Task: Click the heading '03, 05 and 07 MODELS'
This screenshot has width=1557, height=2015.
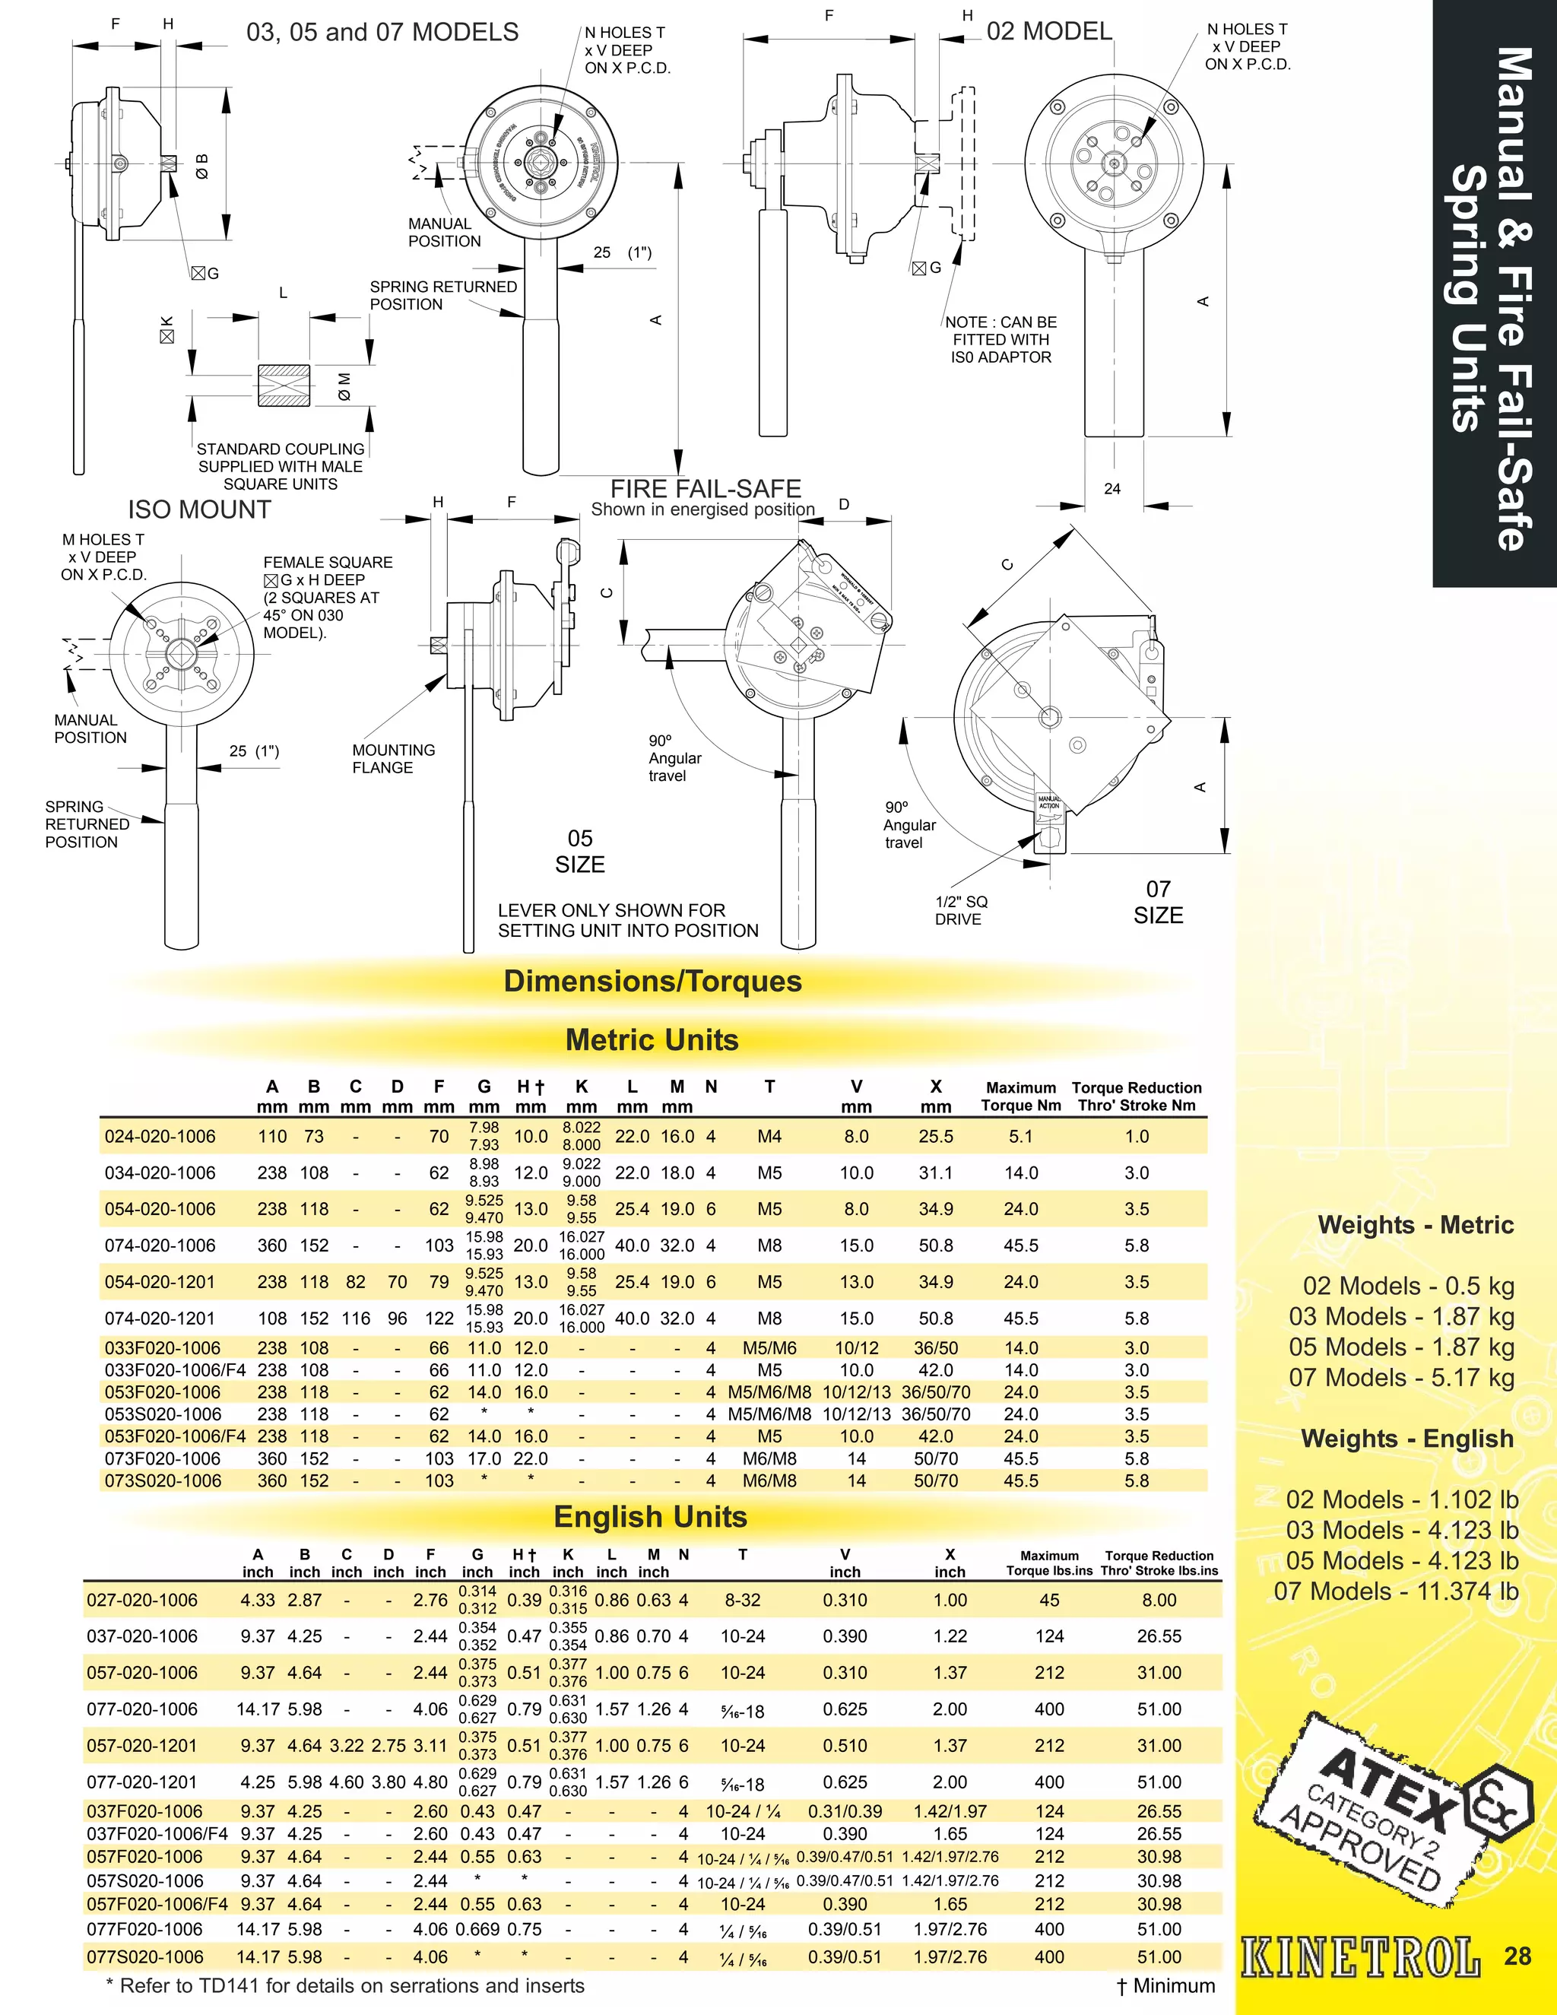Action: point(382,33)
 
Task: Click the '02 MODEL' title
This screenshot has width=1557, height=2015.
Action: point(1048,31)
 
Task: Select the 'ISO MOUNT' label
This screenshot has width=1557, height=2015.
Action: point(199,509)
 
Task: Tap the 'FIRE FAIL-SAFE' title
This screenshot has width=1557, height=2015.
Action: point(706,488)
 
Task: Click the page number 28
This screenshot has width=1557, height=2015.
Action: point(1517,1955)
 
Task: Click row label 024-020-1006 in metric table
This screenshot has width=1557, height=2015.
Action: point(160,1137)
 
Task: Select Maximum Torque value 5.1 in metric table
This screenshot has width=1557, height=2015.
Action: point(1020,1137)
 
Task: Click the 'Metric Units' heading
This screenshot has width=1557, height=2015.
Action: point(652,1039)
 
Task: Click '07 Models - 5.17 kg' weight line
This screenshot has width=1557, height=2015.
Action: point(1401,1378)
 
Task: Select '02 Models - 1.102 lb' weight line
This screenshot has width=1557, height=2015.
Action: point(1401,1499)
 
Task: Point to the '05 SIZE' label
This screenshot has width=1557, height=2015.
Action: point(579,851)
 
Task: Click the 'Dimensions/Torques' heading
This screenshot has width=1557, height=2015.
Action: point(652,981)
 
